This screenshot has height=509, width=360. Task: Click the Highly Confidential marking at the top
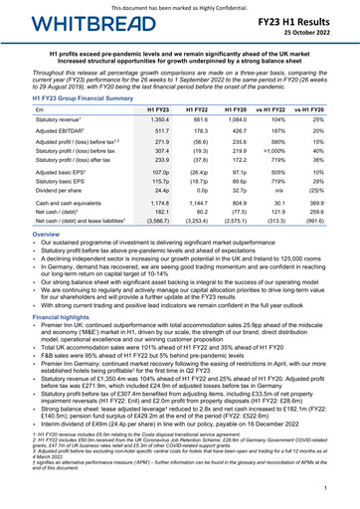click(180, 6)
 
